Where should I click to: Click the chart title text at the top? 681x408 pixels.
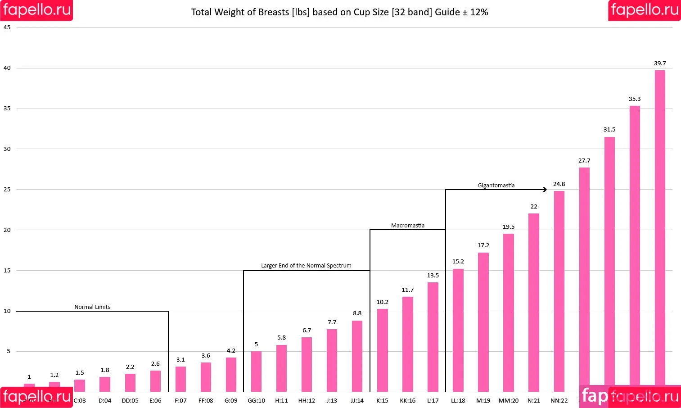pos(339,12)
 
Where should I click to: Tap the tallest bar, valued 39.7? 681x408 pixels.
pos(659,225)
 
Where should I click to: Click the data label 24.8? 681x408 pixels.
pos(559,184)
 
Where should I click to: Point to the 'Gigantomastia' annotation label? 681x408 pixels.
pos(496,186)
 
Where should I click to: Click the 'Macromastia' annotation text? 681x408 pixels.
pos(407,226)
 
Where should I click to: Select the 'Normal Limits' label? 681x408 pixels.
pos(92,307)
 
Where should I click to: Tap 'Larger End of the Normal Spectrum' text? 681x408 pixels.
pos(306,266)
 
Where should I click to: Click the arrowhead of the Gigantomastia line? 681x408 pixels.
pos(545,190)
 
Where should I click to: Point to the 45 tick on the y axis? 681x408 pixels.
pos(7,27)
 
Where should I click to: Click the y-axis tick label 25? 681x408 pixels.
pos(7,190)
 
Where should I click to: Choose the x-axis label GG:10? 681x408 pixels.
pos(256,401)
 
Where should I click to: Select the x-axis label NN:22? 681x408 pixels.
pos(559,401)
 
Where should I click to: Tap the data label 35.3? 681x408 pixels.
pos(635,99)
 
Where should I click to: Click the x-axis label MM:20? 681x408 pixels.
pos(508,401)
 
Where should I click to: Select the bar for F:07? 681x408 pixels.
pos(180,379)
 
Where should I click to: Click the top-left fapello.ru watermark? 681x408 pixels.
pos(36,10)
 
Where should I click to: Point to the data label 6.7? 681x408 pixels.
pos(307,331)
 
